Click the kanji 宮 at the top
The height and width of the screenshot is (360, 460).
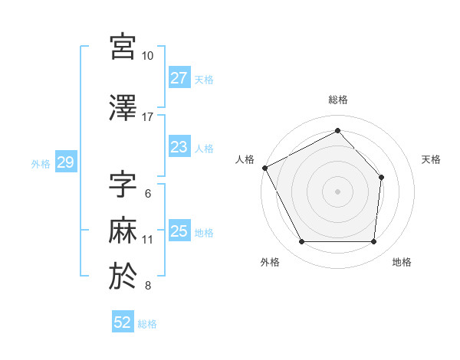(x=123, y=47)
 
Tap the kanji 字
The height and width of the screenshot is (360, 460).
(x=123, y=184)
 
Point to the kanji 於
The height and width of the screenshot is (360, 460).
(x=123, y=276)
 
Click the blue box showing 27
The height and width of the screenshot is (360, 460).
(x=179, y=78)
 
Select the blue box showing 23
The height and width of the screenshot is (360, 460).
(x=179, y=147)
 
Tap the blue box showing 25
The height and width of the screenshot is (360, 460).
(x=179, y=231)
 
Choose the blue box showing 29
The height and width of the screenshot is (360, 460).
(x=65, y=162)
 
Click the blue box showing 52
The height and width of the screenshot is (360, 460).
(x=123, y=322)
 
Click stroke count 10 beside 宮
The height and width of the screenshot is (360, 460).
(x=147, y=56)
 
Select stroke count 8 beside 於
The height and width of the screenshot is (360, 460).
(x=147, y=286)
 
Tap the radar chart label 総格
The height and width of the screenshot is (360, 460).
(x=337, y=100)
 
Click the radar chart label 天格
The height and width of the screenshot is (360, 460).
(x=431, y=159)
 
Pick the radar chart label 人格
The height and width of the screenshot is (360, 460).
(x=245, y=159)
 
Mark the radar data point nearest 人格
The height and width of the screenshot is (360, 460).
(x=264, y=168)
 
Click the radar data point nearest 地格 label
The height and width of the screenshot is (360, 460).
(x=373, y=242)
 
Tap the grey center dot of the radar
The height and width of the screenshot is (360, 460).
(x=337, y=191)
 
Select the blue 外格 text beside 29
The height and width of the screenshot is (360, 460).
(x=40, y=163)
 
